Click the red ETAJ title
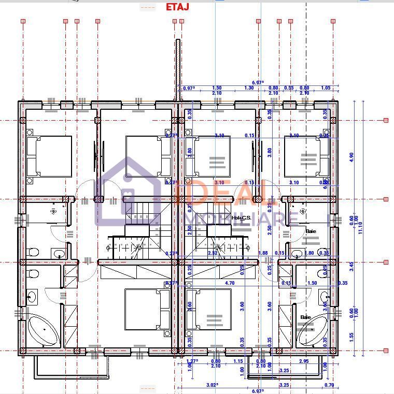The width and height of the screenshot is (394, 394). (x=177, y=7)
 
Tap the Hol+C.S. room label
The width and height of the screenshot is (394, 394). (x=241, y=218)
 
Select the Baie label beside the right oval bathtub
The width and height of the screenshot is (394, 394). (x=306, y=317)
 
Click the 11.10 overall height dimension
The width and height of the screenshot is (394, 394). (x=360, y=227)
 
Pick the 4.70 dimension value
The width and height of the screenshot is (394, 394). (x=230, y=283)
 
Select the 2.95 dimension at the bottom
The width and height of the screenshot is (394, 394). (x=304, y=361)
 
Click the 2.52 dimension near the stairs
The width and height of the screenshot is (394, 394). (x=213, y=253)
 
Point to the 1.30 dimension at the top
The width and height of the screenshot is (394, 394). (x=249, y=88)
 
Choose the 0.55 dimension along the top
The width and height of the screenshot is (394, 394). (x=289, y=88)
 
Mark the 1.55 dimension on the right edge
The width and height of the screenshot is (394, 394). (x=351, y=337)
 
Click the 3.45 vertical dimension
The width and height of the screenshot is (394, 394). (x=351, y=267)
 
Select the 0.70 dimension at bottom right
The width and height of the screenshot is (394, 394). (x=329, y=385)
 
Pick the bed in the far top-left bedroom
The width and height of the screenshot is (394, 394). (x=49, y=156)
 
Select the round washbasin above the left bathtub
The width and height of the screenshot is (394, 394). (x=32, y=297)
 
